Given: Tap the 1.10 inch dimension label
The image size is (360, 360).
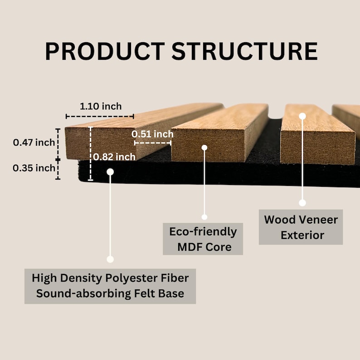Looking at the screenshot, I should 101,106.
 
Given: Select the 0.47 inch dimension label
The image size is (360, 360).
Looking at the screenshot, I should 34,142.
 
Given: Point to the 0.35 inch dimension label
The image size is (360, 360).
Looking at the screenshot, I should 34,168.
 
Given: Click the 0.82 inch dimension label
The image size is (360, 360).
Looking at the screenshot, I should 115,157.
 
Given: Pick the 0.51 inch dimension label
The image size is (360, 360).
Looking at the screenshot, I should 153,134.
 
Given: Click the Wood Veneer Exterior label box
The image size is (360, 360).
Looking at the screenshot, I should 301,227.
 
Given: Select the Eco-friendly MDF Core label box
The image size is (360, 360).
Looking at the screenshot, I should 203,239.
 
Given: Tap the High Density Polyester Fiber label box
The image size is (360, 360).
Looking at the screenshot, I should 110,285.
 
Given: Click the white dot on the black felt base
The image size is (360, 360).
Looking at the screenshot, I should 110,171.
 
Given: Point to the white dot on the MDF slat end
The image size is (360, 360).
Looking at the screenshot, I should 204,147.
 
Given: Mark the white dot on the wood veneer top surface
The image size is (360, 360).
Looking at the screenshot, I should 302,116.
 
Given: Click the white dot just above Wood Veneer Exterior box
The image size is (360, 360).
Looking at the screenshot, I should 302,203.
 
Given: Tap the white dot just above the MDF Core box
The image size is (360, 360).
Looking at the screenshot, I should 204,217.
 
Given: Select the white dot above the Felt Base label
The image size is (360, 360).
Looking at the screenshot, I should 110,259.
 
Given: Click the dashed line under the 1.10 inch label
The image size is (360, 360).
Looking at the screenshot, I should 100,116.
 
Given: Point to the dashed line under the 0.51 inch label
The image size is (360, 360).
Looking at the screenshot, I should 153,142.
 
